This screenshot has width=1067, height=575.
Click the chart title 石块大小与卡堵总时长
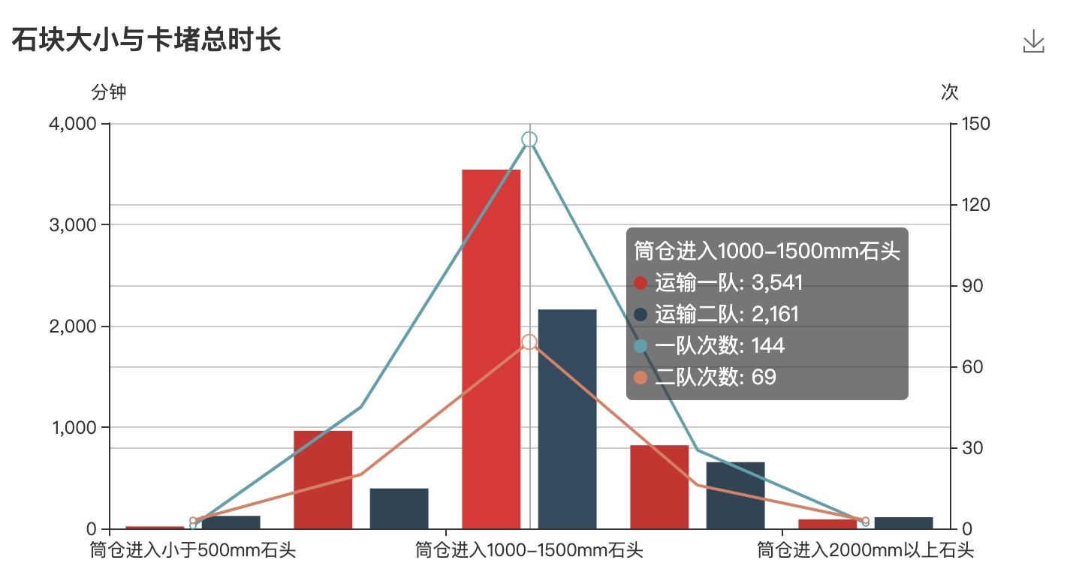click(146, 40)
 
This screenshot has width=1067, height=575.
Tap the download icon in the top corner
click(1033, 41)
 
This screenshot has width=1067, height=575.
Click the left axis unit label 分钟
click(109, 92)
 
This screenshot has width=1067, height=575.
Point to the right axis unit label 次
click(950, 92)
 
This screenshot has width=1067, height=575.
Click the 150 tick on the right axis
click(970, 124)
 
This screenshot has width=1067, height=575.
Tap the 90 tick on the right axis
click(967, 286)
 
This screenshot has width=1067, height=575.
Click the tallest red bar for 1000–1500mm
click(491, 349)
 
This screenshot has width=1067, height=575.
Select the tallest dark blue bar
click(568, 418)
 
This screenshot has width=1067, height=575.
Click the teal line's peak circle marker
click(529, 140)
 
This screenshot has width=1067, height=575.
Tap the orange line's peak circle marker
click(529, 342)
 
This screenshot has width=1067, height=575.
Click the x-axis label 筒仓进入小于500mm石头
click(193, 551)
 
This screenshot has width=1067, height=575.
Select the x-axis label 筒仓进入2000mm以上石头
click(865, 551)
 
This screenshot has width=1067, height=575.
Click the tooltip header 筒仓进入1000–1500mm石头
click(767, 251)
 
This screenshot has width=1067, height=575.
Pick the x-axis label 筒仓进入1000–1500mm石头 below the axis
click(529, 551)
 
